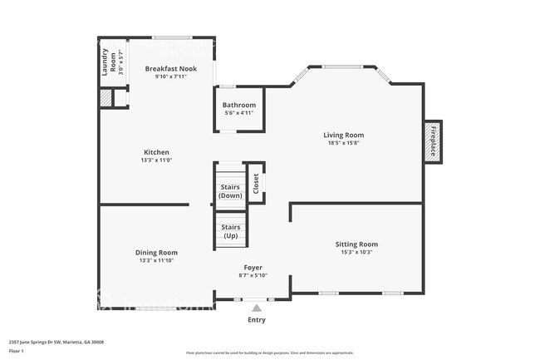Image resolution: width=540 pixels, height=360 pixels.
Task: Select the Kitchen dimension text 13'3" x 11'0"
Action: click(156, 161)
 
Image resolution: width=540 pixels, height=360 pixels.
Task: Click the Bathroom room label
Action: click(239, 105)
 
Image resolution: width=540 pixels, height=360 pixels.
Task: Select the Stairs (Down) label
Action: click(230, 192)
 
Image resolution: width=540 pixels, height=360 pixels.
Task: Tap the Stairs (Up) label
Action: click(230, 231)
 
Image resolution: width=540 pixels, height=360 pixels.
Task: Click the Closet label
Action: click(256, 183)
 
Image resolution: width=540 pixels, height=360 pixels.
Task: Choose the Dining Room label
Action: click(156, 252)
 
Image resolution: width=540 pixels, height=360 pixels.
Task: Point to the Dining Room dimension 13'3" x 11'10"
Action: click(156, 260)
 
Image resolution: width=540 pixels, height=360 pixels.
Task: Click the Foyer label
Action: click(253, 268)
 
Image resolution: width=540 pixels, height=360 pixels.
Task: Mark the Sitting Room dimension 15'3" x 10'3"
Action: click(356, 253)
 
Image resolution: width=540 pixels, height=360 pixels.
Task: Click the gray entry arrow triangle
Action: click(257, 308)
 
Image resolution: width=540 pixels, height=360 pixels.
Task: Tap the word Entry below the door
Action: click(257, 319)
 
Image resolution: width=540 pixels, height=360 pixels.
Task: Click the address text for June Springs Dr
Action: click(56, 342)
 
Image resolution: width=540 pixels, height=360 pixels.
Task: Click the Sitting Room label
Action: click(356, 244)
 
